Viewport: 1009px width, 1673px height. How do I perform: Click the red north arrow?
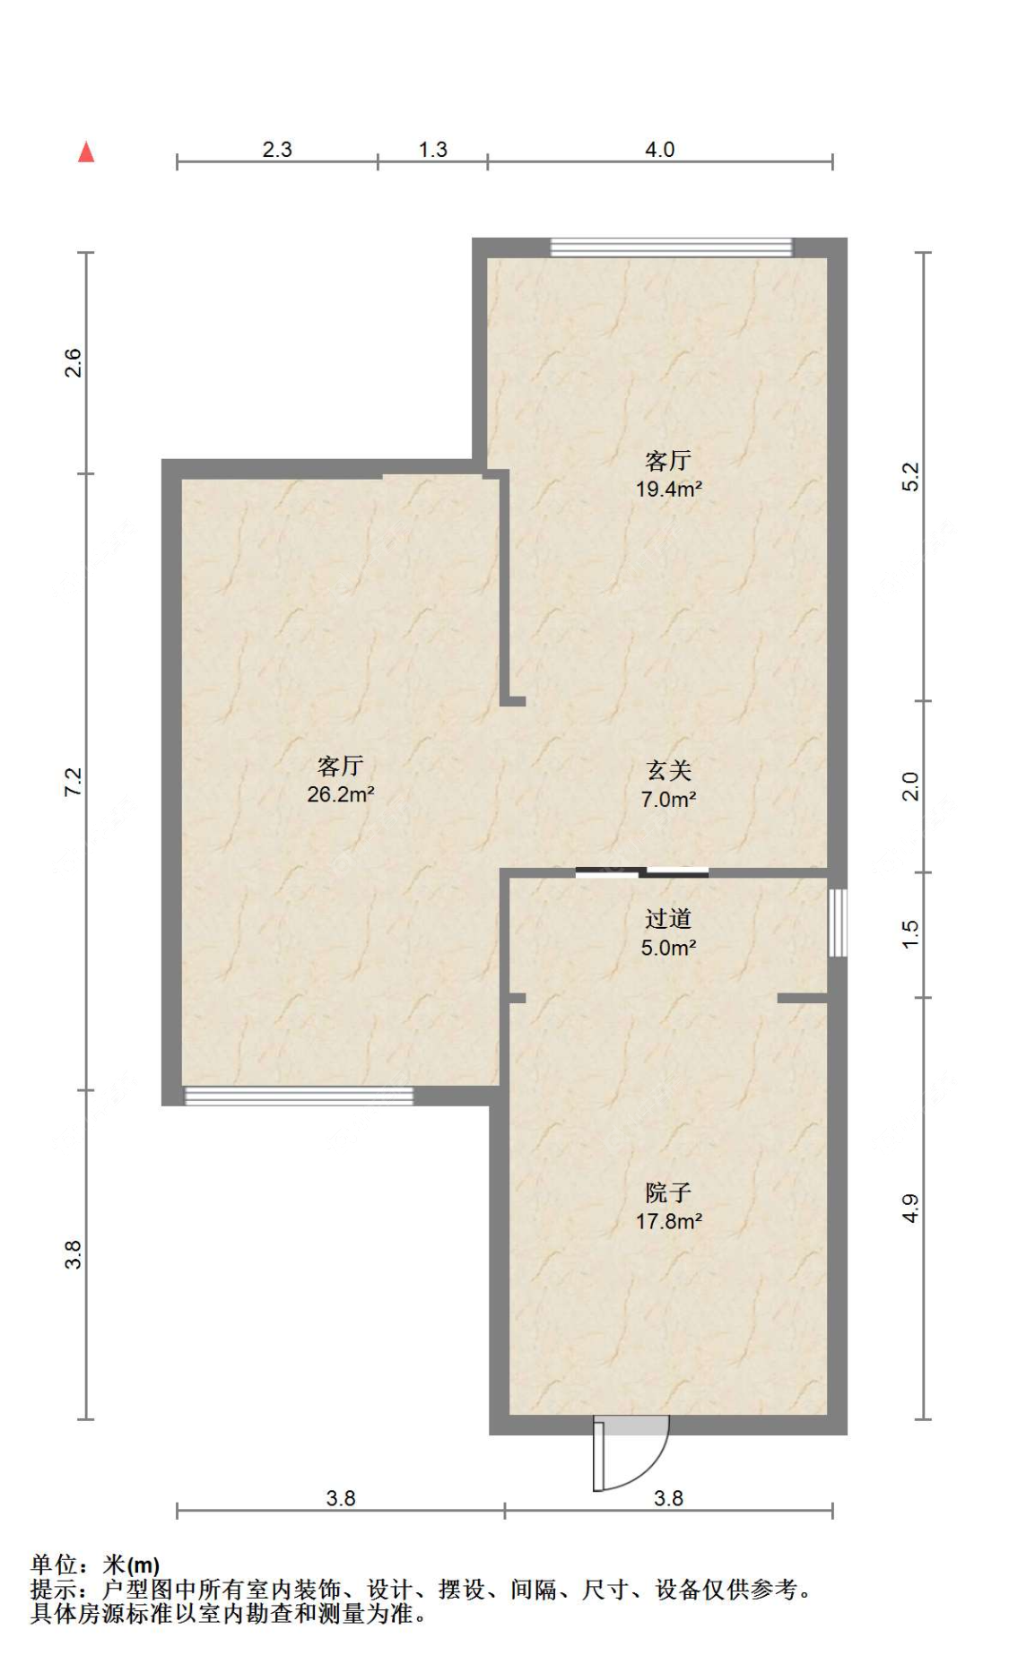pos(86,152)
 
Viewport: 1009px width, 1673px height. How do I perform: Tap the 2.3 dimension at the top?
pos(277,150)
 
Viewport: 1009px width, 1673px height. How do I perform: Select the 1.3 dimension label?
pos(432,150)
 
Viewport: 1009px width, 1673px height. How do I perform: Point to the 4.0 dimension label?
pos(659,150)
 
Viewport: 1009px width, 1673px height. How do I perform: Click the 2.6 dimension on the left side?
pos(73,362)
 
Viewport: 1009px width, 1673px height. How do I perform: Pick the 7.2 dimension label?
pos(73,782)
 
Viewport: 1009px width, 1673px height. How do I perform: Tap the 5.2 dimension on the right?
pos(909,476)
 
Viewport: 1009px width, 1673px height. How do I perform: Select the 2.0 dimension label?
pos(909,786)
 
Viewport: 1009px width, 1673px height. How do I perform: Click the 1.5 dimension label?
pos(909,934)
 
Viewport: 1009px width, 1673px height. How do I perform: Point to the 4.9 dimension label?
pos(909,1208)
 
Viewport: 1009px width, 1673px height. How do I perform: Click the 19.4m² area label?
pos(668,490)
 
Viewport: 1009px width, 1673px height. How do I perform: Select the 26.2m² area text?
pos(340,794)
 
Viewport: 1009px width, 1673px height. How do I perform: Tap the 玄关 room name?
pos(669,770)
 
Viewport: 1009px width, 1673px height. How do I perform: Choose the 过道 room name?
pos(668,919)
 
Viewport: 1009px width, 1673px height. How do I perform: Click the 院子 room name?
pos(668,1192)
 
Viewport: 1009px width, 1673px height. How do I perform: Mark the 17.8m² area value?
pos(668,1221)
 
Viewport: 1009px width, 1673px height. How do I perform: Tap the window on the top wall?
pos(672,247)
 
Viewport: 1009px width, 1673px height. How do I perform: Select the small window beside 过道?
pos(838,923)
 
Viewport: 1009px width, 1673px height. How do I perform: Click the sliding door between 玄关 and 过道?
pos(642,871)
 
